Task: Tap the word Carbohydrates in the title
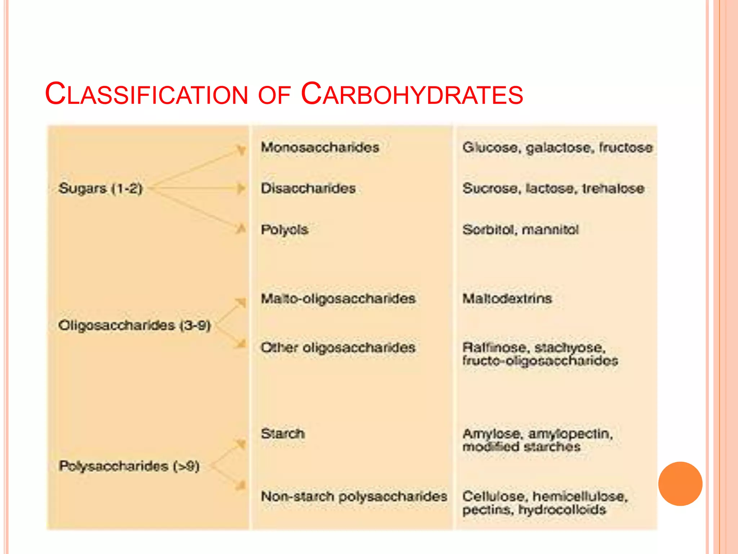[412, 94]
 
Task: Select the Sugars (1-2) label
[101, 188]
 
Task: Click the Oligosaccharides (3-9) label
[134, 325]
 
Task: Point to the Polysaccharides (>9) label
[129, 466]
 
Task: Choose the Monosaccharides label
[320, 147]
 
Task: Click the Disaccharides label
[308, 188]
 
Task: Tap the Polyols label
[285, 230]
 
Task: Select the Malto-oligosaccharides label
[338, 299]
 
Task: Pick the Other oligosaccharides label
[338, 348]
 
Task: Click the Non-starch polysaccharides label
[354, 497]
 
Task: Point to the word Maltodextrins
[507, 299]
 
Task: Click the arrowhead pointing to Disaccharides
[241, 188]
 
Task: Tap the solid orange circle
[680, 484]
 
